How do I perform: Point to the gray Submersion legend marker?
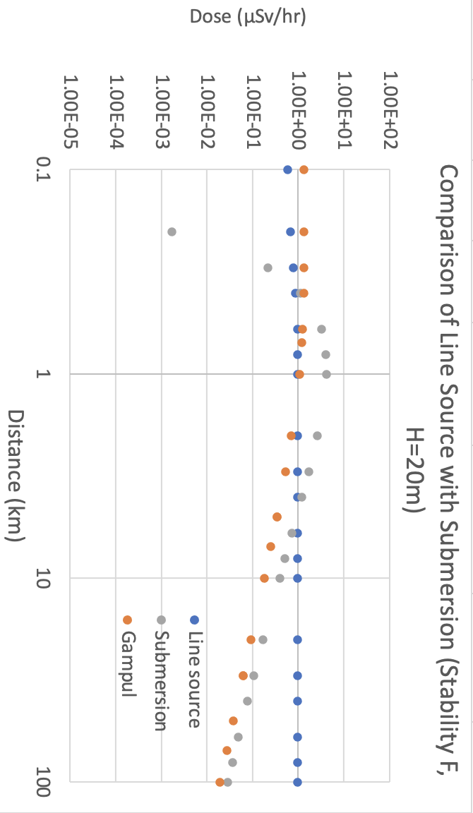(x=161, y=620)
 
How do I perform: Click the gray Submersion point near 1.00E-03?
(x=172, y=231)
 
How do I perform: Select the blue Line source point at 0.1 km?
(x=287, y=169)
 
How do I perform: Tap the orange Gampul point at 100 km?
(x=220, y=782)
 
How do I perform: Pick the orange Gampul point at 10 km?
(x=264, y=578)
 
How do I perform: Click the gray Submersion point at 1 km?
(x=326, y=374)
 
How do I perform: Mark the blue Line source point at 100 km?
(x=297, y=782)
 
